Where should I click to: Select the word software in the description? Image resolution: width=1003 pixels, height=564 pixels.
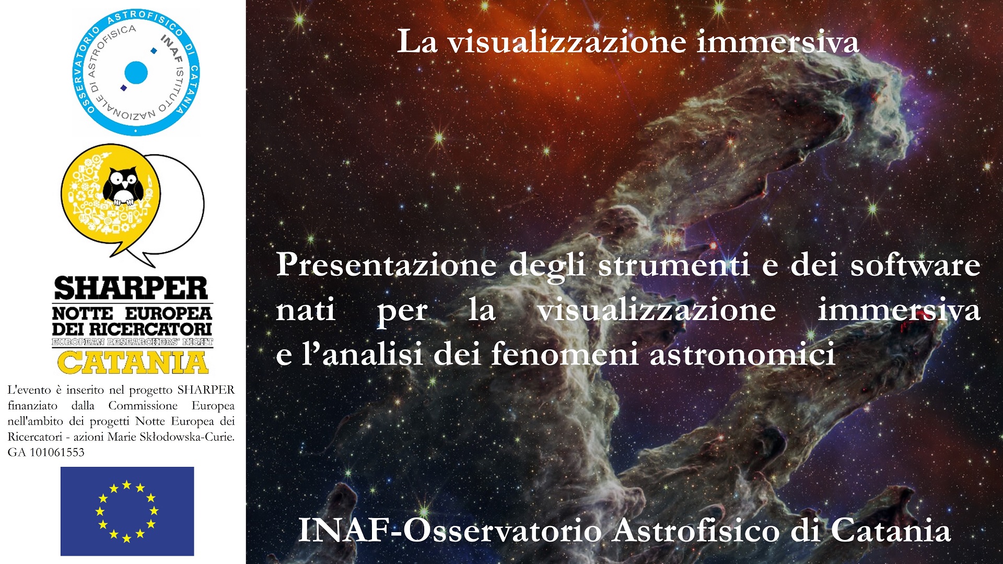915,265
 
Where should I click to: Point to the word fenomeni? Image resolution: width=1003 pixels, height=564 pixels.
564,354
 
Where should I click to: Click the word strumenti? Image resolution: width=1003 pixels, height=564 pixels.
674,265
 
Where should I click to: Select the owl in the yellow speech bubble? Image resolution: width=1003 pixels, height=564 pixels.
124,186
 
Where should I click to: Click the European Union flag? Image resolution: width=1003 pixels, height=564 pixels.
127,511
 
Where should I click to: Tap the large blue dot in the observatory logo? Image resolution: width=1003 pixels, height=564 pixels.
136,73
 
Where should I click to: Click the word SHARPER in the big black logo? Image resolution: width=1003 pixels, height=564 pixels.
131,288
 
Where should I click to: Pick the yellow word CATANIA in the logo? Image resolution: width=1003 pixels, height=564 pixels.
133,362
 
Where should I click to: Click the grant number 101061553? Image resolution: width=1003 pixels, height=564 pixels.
57,452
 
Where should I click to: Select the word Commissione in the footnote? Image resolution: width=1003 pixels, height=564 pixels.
143,406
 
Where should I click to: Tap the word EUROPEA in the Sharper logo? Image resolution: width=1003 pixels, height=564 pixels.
168,313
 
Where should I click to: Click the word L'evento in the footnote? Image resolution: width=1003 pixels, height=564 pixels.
29,390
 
